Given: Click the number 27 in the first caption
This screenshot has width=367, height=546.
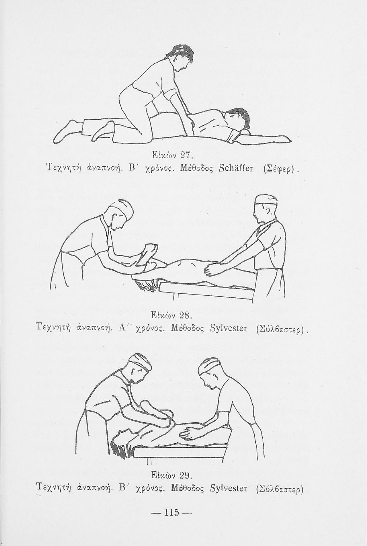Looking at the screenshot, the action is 187,155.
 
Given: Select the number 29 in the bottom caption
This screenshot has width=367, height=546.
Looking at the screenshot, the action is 186,475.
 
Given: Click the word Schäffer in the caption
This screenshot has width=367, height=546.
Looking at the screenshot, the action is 232,169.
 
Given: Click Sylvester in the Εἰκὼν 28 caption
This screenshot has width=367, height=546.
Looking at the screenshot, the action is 229,329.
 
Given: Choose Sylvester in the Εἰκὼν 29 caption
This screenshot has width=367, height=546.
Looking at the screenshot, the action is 228,490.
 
